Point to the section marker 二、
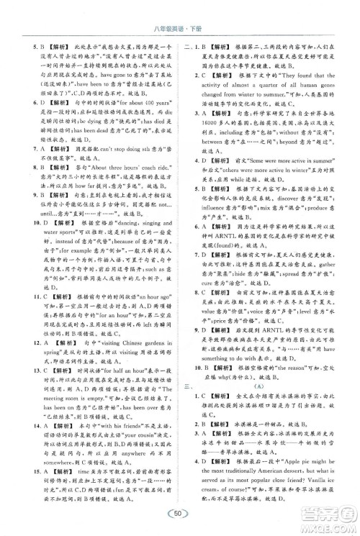tap(189, 47)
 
